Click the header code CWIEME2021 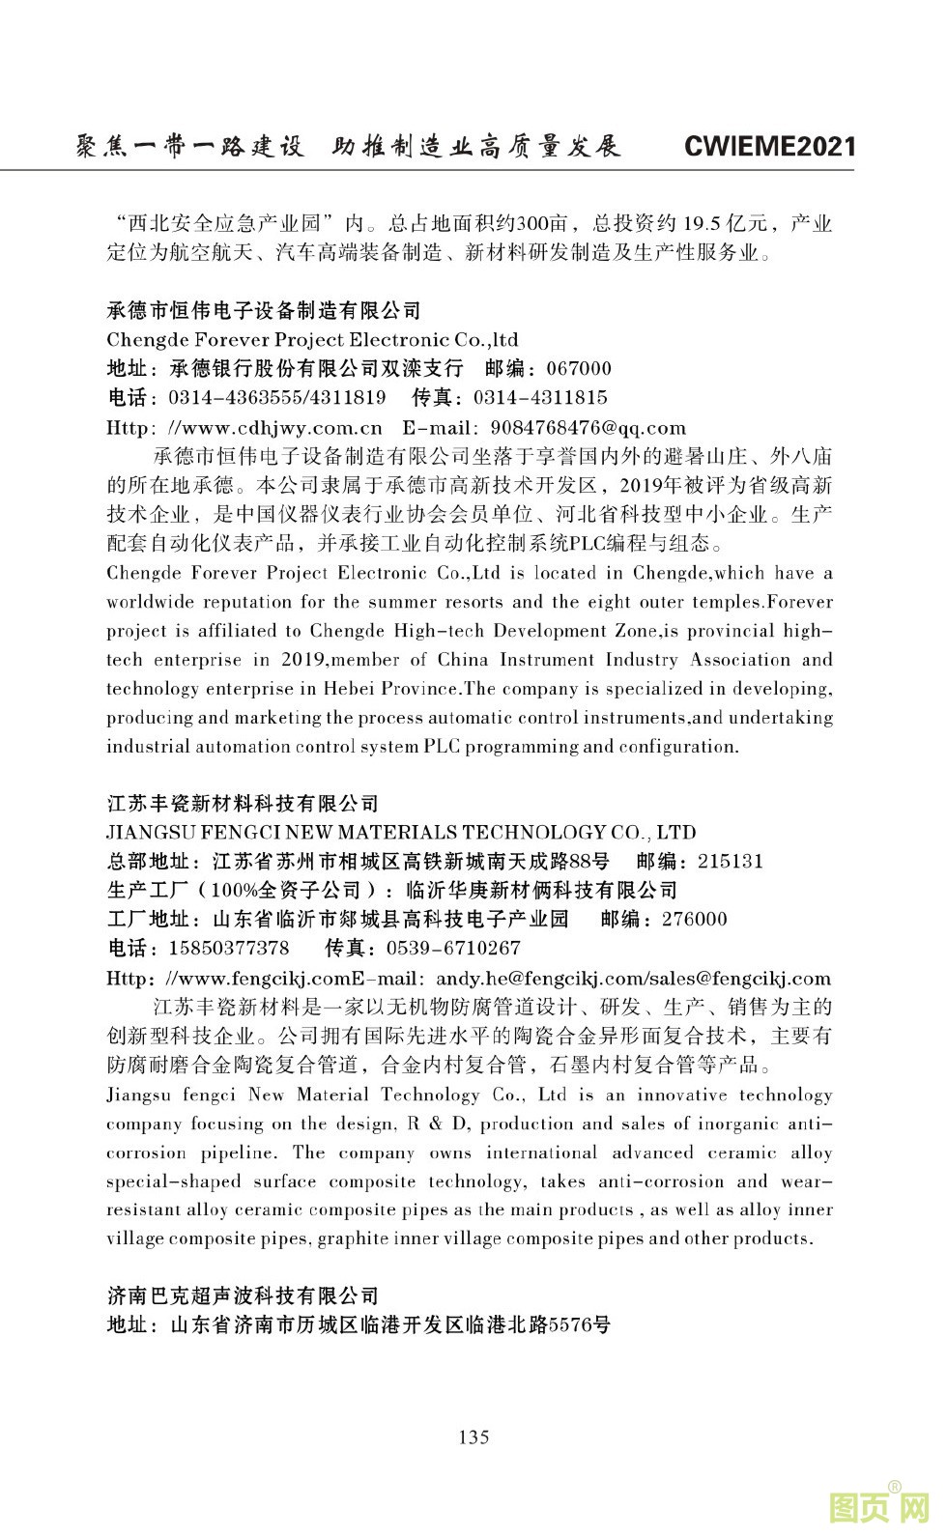click(769, 147)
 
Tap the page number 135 click(473, 1437)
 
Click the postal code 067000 click(579, 369)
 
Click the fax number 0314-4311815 click(540, 398)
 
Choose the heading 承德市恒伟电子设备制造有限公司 click(264, 311)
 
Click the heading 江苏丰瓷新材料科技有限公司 click(242, 804)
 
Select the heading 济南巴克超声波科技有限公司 click(242, 1296)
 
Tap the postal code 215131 click(730, 862)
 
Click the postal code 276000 click(694, 920)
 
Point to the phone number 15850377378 click(228, 949)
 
